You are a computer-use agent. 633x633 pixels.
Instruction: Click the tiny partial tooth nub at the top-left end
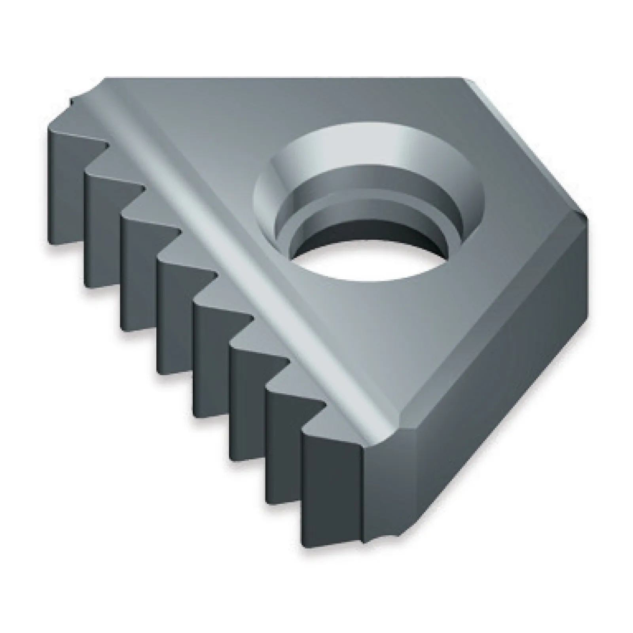point(75,103)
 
